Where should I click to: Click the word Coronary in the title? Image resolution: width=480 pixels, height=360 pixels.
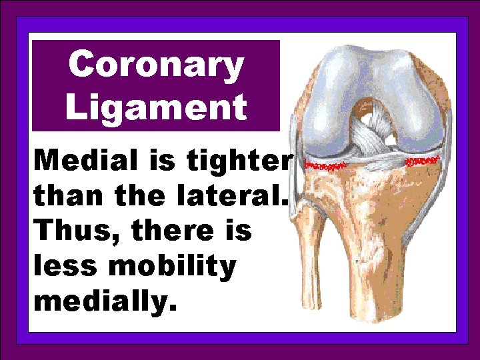(x=156, y=65)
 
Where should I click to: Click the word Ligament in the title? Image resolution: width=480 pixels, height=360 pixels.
(x=156, y=106)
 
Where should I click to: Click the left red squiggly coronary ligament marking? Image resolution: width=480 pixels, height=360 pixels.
(x=325, y=163)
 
